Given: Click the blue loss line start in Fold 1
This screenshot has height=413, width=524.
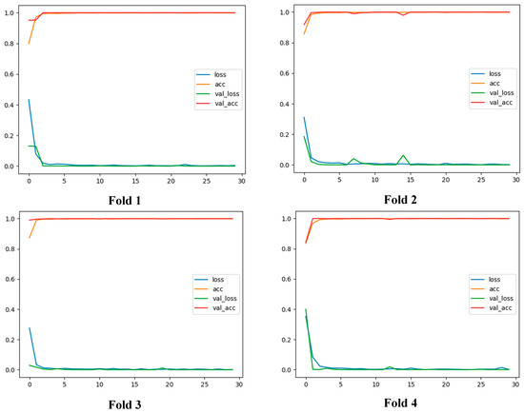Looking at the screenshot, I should tap(29, 100).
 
